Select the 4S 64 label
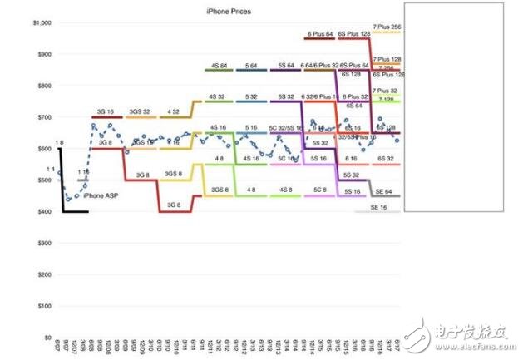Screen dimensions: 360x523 (x=219, y=64)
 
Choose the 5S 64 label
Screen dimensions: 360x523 (x=285, y=64)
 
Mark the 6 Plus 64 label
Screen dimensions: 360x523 (x=319, y=34)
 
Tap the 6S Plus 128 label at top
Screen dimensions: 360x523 (x=353, y=34)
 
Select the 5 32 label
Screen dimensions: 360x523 (x=251, y=96)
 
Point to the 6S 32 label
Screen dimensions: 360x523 (x=385, y=158)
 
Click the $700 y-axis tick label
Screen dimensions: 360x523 (x=40, y=117)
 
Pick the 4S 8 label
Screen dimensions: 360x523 (x=219, y=158)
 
